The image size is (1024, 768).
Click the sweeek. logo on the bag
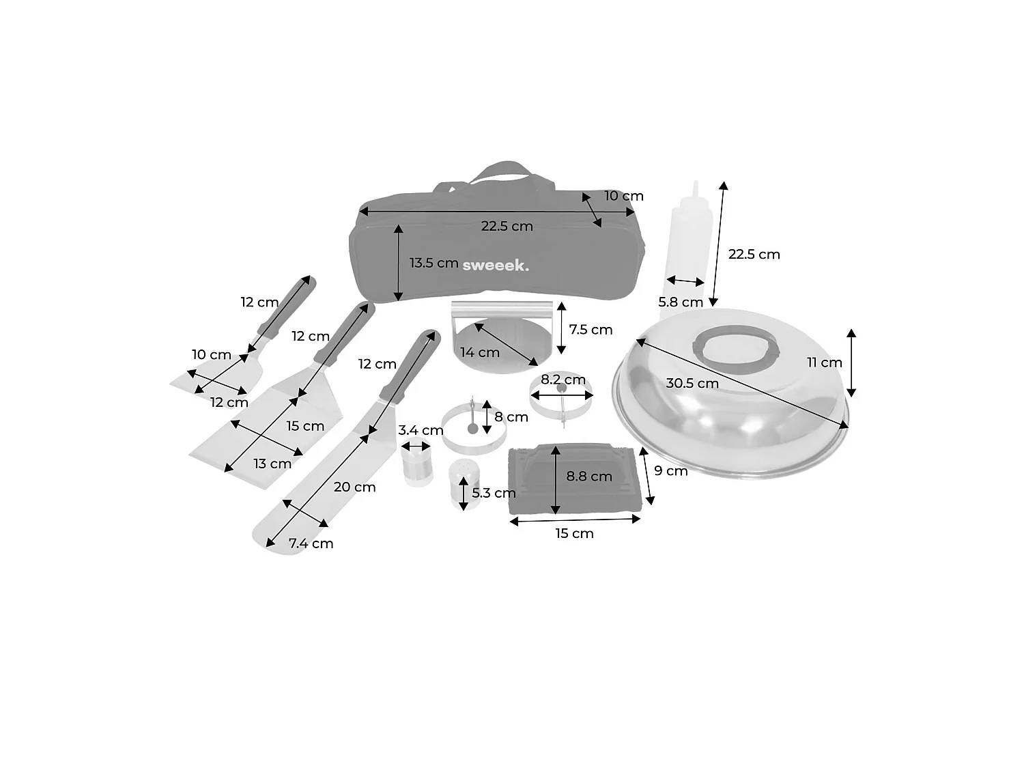point(496,266)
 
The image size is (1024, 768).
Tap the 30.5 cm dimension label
point(692,383)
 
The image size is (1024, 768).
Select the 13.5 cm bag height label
point(434,263)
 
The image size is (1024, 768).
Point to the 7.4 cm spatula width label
point(311,543)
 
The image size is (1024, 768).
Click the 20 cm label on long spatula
point(354,487)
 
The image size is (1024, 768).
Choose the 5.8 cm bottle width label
point(680,302)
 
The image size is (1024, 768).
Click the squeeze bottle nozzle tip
point(696,182)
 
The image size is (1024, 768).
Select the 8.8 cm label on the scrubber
point(588,477)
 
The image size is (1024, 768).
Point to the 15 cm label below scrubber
point(574,533)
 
